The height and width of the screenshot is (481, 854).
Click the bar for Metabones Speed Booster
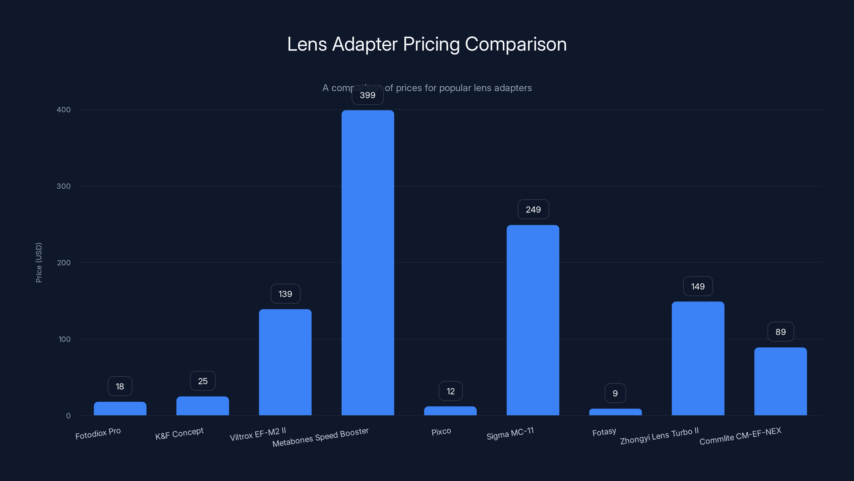368,262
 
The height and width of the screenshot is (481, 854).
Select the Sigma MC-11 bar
533,320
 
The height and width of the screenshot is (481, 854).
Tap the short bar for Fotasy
615,412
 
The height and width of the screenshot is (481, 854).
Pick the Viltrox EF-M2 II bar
285,362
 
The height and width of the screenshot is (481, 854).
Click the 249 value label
533,210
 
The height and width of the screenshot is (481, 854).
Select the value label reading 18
120,386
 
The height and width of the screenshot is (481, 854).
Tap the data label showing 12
450,391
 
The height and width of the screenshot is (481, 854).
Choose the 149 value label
698,286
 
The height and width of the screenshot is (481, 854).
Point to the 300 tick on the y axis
64,186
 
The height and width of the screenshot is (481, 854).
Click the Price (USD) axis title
39,263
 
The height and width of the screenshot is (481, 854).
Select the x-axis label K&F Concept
179,433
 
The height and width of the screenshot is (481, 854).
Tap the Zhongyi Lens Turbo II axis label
659,436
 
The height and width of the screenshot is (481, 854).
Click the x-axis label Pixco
441,432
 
